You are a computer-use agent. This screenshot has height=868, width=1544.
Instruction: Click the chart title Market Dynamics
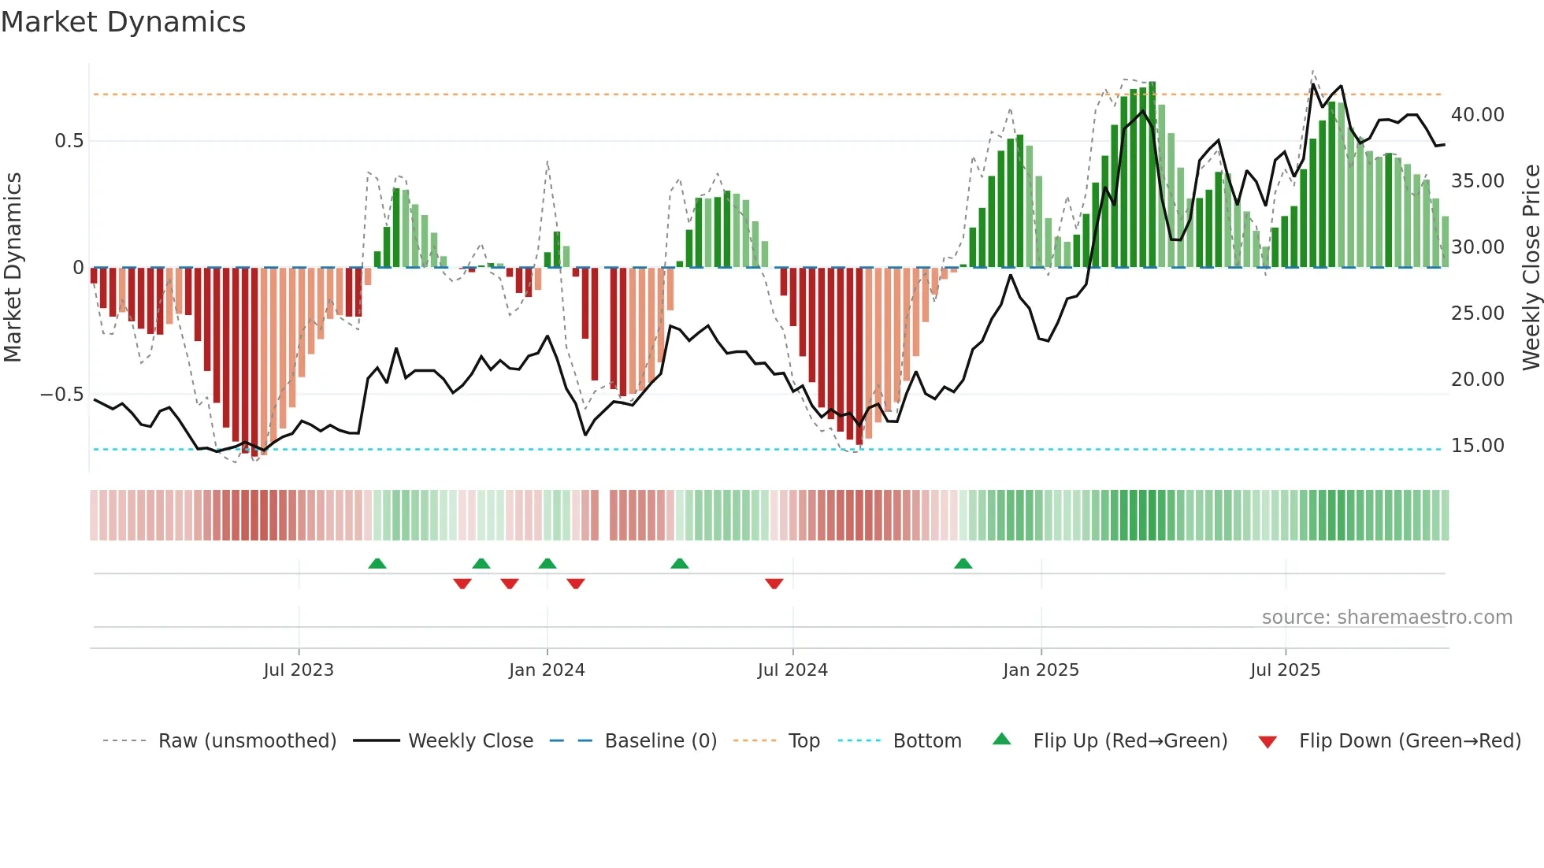pyautogui.click(x=123, y=22)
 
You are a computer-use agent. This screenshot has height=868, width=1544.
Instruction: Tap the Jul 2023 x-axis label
pyautogui.click(x=299, y=670)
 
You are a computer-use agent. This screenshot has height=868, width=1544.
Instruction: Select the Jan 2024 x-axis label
pyautogui.click(x=547, y=670)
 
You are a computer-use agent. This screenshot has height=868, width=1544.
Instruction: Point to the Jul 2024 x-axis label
pyautogui.click(x=792, y=670)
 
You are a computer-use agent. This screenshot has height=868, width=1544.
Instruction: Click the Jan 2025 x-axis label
pyautogui.click(x=1041, y=670)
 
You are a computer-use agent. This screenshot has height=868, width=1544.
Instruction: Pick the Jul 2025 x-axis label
pyautogui.click(x=1285, y=670)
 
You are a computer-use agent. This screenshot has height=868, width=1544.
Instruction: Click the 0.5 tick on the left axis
pyautogui.click(x=69, y=141)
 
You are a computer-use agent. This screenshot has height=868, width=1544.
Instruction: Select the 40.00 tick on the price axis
pyautogui.click(x=1477, y=115)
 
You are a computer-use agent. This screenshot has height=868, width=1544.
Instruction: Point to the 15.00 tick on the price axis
pyautogui.click(x=1477, y=446)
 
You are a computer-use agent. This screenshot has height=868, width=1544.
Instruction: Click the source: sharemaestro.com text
pyautogui.click(x=1386, y=618)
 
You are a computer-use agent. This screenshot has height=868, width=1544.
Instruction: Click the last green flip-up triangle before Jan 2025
pyautogui.click(x=963, y=564)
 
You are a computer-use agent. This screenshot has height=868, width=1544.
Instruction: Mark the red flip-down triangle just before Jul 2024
pyautogui.click(x=774, y=584)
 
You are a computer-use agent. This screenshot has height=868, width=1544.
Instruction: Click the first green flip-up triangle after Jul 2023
pyautogui.click(x=377, y=564)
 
